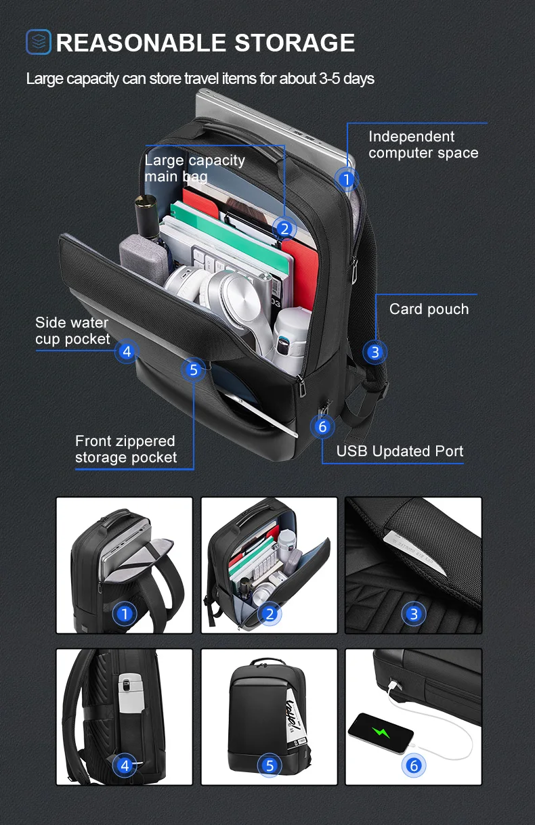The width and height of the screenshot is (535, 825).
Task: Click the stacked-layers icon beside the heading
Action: (39, 42)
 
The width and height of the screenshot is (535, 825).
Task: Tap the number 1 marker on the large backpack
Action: (346, 179)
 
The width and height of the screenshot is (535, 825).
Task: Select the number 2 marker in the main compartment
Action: (284, 229)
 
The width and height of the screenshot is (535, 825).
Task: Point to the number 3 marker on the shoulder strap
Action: (374, 351)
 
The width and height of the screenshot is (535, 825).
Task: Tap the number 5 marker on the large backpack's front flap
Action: (194, 370)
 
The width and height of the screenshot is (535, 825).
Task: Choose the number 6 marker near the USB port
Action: (322, 426)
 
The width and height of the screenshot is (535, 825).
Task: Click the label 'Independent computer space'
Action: (423, 145)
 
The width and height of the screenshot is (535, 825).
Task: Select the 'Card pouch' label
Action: (429, 309)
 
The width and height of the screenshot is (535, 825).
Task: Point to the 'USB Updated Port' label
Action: (400, 451)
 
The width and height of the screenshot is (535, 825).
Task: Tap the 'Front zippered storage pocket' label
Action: (125, 449)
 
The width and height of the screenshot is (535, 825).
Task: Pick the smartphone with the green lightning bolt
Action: (380, 733)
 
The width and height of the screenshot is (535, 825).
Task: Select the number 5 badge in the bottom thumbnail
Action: (270, 765)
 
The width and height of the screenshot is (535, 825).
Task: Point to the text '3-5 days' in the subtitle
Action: (346, 79)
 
